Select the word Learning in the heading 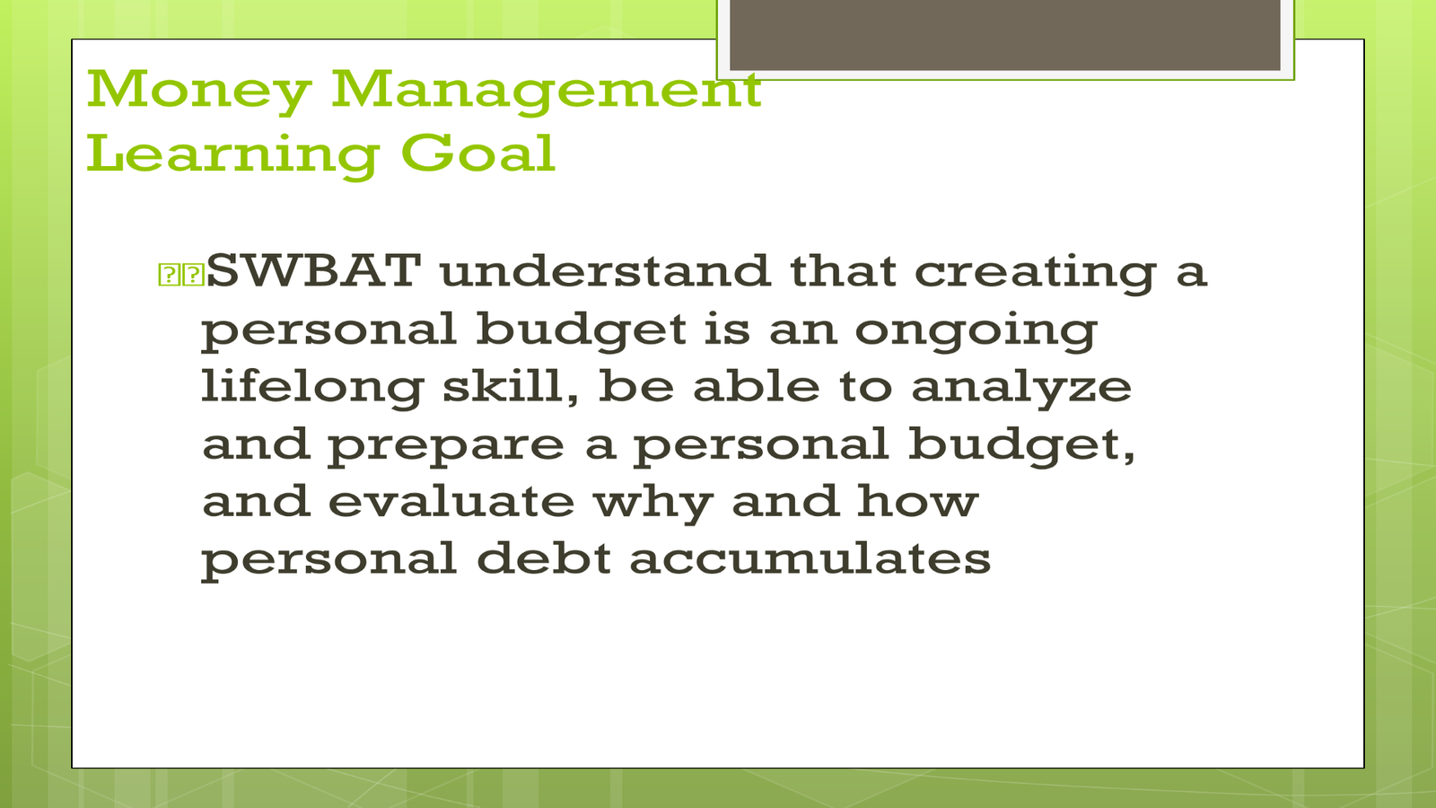[232, 155]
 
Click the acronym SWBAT [313, 271]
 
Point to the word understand [605, 271]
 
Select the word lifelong [312, 388]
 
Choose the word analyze [1021, 389]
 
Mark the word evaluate [451, 501]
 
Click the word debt [544, 558]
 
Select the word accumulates [810, 558]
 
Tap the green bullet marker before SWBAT [180, 274]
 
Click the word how [917, 501]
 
